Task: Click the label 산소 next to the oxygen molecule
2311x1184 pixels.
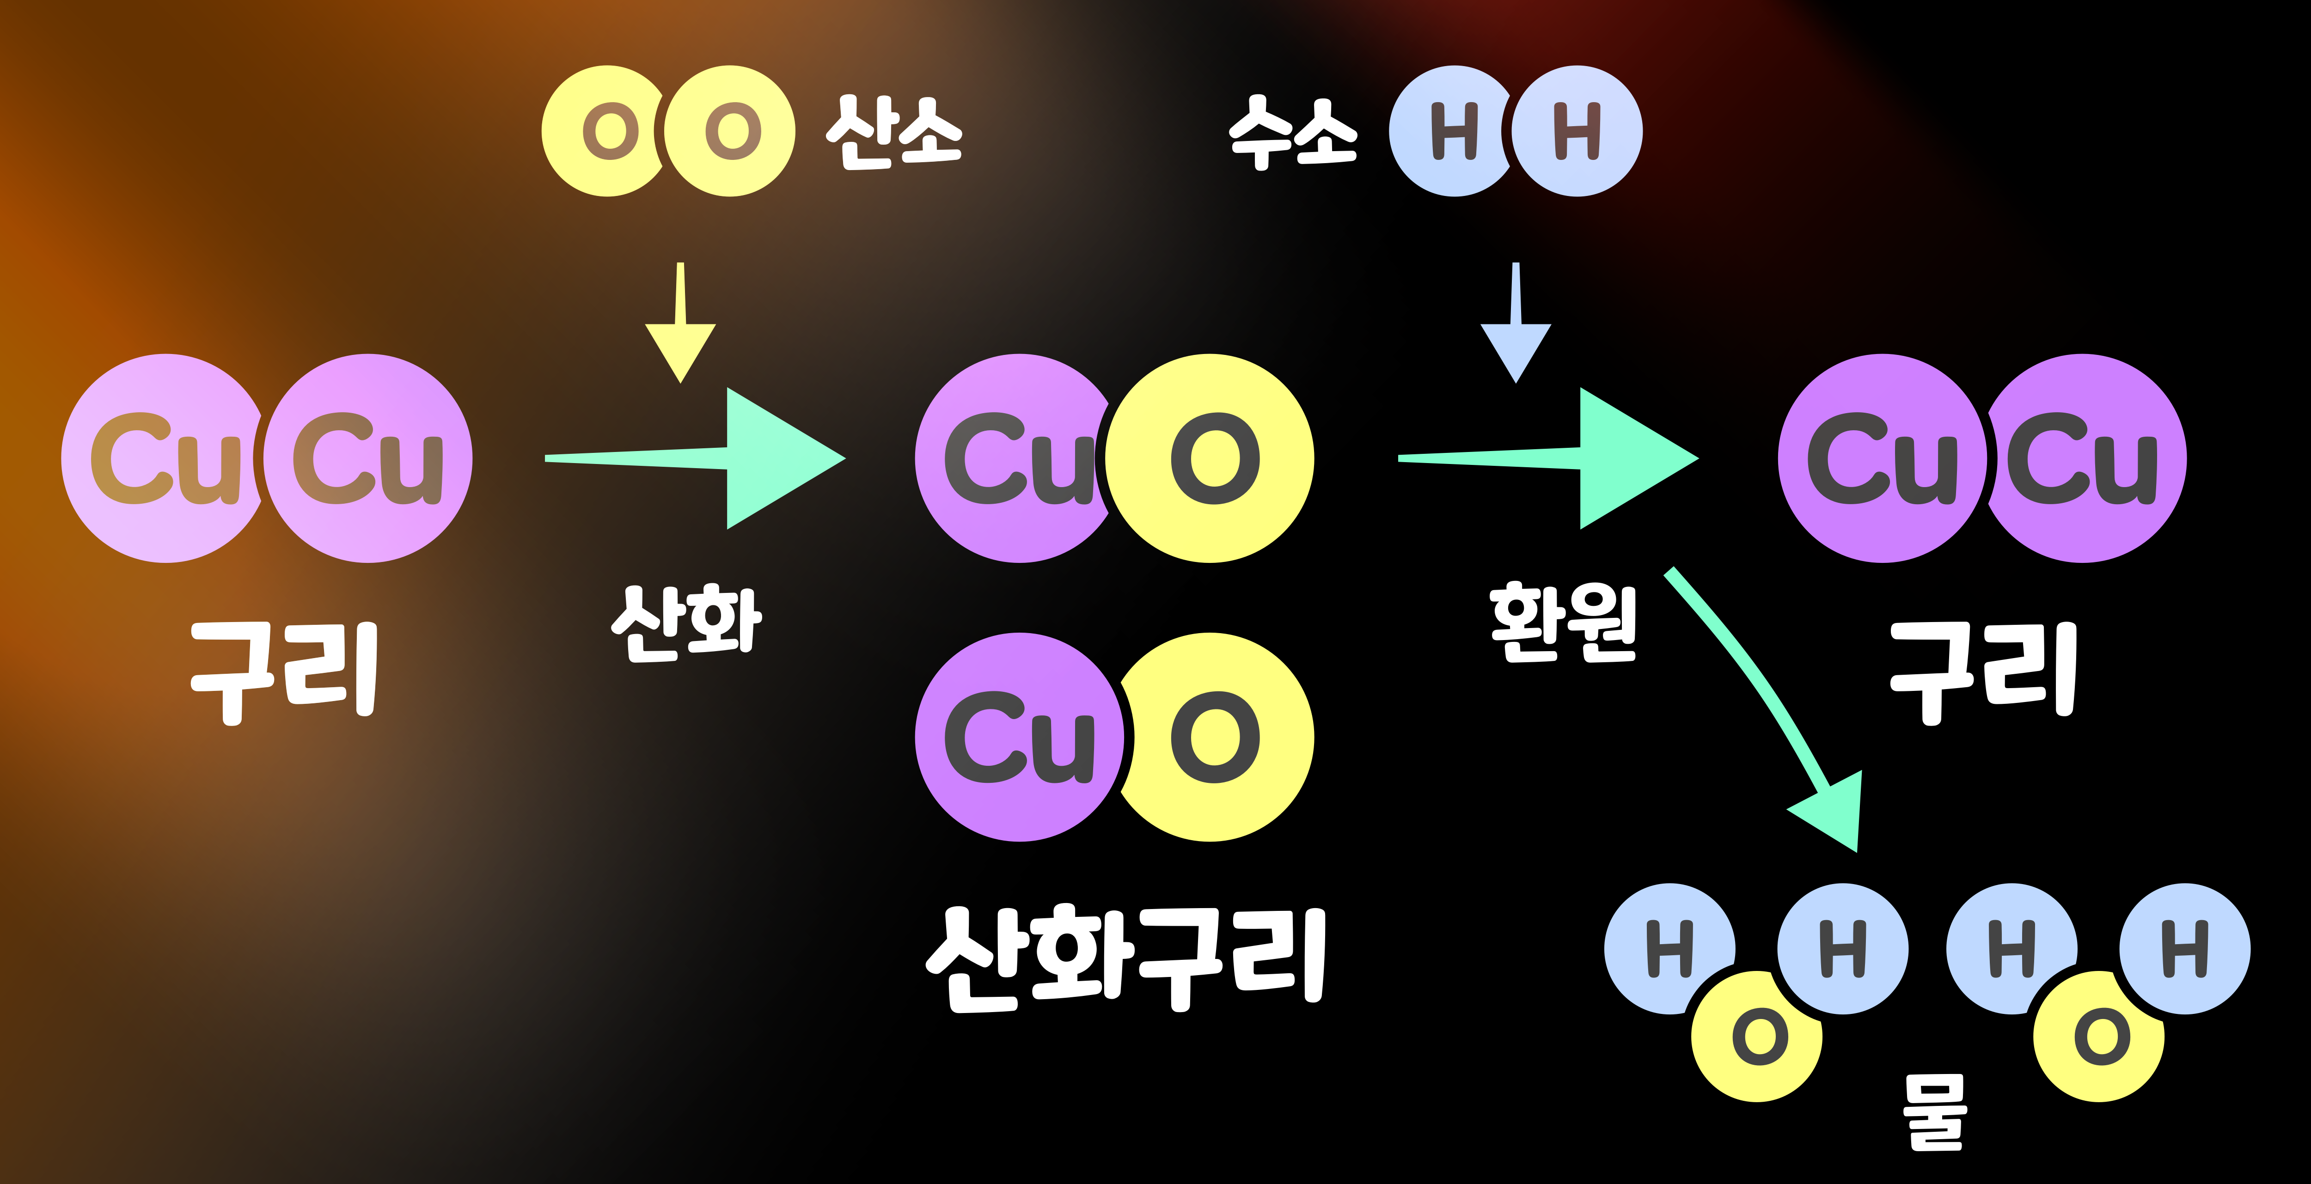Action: pos(893,133)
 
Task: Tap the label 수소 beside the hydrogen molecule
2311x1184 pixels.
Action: pos(1293,133)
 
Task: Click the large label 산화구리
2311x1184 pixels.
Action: pos(1126,958)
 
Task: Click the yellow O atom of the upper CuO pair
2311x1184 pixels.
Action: pos(1211,458)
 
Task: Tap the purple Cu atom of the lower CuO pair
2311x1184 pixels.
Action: pos(1018,737)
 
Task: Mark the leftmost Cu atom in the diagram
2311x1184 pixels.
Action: pos(161,458)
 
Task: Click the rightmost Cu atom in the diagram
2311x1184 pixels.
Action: pos(2086,458)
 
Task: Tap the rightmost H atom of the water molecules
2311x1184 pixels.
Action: pos(2185,949)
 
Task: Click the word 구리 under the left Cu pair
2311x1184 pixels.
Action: pos(284,671)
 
